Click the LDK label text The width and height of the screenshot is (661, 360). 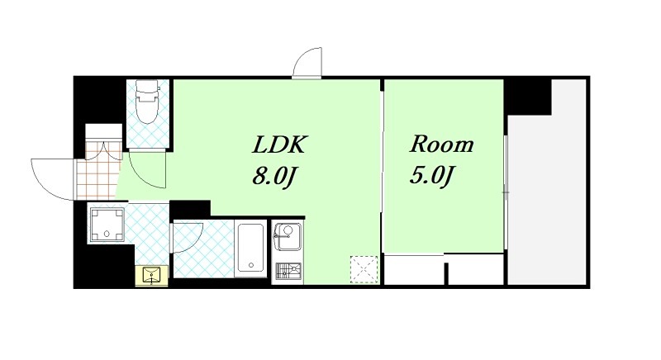click(x=278, y=144)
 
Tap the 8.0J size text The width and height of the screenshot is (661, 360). click(x=273, y=177)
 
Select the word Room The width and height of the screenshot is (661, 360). click(x=442, y=144)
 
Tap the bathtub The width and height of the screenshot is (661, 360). click(x=251, y=248)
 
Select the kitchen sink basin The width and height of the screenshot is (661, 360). click(x=288, y=237)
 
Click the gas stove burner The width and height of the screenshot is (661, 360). click(x=288, y=271)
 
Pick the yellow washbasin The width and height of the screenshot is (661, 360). click(x=151, y=276)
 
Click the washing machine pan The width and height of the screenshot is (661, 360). click(x=107, y=223)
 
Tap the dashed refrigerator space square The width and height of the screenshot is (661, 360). click(x=364, y=269)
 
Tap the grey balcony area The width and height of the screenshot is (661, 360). click(x=548, y=185)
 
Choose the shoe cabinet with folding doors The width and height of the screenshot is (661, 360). click(x=104, y=142)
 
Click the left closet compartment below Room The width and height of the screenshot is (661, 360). click(x=415, y=269)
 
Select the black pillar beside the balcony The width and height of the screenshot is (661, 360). click(x=528, y=97)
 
